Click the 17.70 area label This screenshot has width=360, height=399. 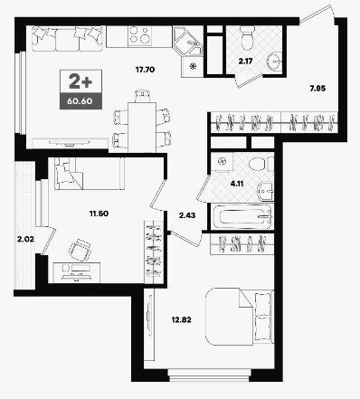click(x=145, y=70)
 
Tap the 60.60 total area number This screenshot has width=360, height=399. click(x=80, y=101)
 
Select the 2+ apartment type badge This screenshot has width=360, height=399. click(x=81, y=81)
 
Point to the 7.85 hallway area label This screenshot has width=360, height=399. click(x=317, y=89)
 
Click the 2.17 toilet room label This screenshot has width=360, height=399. click(x=245, y=62)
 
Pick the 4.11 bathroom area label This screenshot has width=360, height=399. click(x=237, y=184)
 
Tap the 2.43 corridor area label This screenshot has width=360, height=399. click(x=187, y=215)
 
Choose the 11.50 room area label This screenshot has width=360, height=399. click(x=99, y=214)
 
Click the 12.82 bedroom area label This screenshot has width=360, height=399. click(x=182, y=319)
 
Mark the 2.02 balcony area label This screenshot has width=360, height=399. click(x=25, y=240)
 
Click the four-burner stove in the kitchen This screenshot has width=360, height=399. click(x=139, y=35)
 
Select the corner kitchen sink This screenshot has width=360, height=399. click(x=188, y=42)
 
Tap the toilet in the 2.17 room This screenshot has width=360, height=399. click(x=248, y=38)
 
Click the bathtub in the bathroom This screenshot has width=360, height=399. click(x=242, y=216)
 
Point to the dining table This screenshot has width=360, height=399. click(x=142, y=128)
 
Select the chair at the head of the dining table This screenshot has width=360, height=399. click(x=142, y=96)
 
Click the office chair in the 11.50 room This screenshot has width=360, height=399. click(x=80, y=250)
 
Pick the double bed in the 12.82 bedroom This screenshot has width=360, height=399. click(x=240, y=317)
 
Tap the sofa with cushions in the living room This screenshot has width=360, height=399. click(x=67, y=39)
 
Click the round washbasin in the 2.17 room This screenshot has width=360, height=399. click(x=275, y=62)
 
